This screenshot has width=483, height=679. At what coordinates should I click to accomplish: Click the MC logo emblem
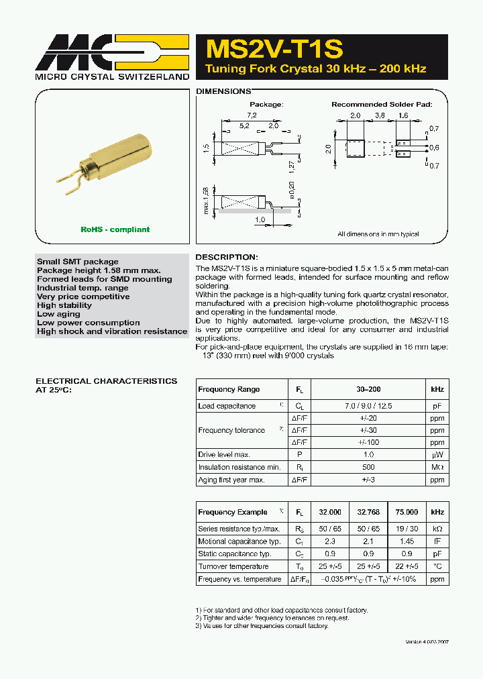pos(111,52)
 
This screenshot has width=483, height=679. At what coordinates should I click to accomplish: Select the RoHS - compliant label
pos(115,229)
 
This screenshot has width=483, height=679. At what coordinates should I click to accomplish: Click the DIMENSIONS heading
pos(223,91)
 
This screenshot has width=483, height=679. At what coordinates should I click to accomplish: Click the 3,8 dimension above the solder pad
pos(380,115)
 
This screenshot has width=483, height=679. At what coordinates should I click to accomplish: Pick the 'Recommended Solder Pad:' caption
pos(382,105)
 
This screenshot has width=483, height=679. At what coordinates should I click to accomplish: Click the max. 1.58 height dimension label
pos(206,201)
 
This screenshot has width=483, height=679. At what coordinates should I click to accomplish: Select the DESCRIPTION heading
pos(226,257)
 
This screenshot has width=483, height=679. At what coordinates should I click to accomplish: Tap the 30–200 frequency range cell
pos(368,389)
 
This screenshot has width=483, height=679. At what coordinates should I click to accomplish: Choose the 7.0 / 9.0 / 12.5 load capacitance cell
pos(368,406)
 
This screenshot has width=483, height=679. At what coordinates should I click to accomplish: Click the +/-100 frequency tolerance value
pos(368,442)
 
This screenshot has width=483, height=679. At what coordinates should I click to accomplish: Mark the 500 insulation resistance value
pos(368,467)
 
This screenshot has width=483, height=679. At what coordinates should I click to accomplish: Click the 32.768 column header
pos(368,512)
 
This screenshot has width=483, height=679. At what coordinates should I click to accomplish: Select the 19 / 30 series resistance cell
pos(407,529)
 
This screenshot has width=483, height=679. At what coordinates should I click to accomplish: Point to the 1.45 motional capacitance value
pos(407,541)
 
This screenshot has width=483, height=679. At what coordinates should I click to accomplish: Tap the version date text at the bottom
pos(427,642)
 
